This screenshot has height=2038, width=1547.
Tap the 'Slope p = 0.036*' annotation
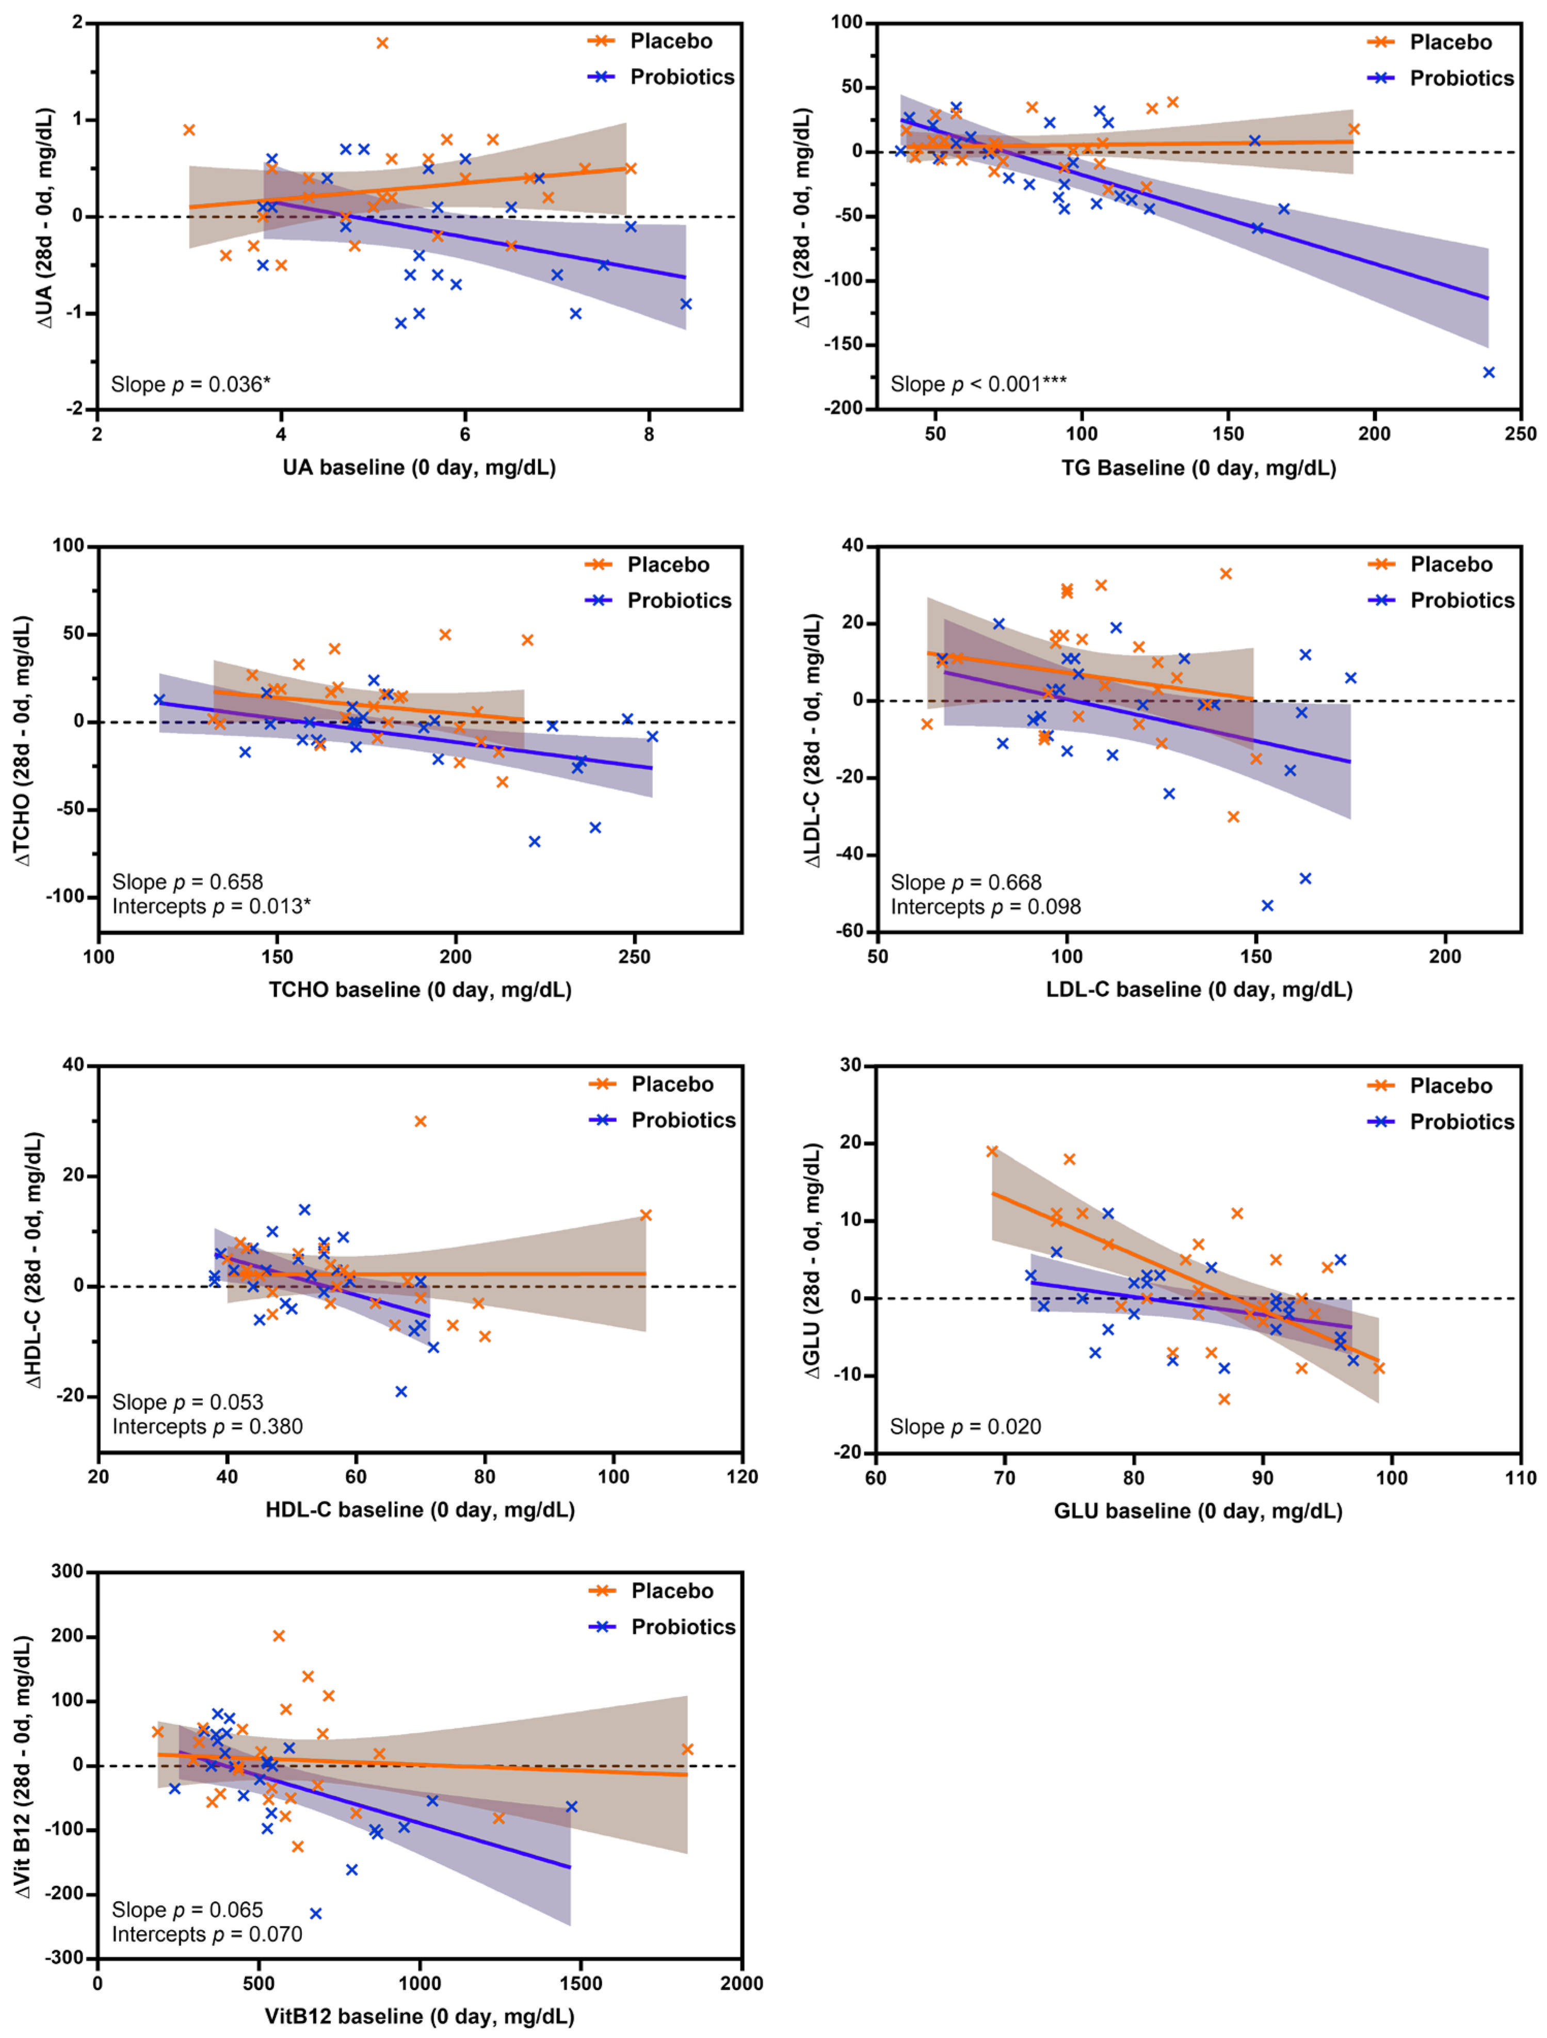pyautogui.click(x=191, y=384)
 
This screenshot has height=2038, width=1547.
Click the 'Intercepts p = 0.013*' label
pyautogui.click(x=211, y=907)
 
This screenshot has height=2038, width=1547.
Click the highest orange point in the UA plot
pyautogui.click(x=382, y=43)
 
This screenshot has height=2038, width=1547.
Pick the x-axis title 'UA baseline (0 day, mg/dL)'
pyautogui.click(x=419, y=467)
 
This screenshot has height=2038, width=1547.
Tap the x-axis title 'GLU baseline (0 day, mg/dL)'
pyautogui.click(x=1198, y=1511)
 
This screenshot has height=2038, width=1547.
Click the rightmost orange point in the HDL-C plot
pyautogui.click(x=646, y=1215)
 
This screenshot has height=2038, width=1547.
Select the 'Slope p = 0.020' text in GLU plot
pyautogui.click(x=965, y=1427)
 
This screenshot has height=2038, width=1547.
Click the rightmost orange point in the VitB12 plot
pyautogui.click(x=686, y=1750)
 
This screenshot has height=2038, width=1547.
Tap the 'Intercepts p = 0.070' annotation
pyautogui.click(x=207, y=1934)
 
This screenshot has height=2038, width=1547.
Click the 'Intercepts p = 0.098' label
pyautogui.click(x=985, y=907)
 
